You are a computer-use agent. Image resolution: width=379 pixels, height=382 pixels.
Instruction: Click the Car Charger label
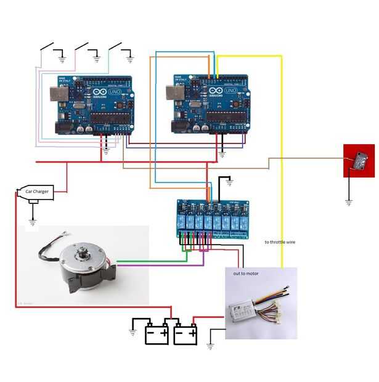click(36, 192)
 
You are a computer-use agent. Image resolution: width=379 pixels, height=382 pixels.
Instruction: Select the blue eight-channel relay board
click(213, 217)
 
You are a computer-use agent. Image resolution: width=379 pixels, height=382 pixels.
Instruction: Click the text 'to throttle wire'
click(280, 242)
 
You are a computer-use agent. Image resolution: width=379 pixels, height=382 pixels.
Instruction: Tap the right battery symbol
click(185, 333)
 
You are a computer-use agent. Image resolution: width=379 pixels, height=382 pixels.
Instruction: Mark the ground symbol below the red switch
click(348, 202)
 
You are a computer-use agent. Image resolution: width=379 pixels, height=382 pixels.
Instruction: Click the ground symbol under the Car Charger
click(33, 221)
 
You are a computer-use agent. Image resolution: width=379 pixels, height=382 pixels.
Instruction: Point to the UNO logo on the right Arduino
click(230, 91)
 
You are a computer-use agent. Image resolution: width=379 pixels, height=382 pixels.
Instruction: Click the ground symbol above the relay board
click(229, 182)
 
